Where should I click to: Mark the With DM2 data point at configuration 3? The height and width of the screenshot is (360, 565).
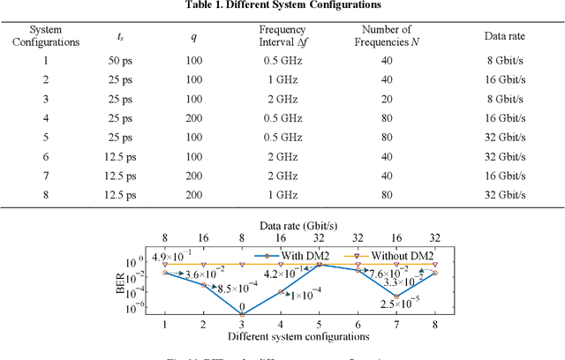coord(242,314)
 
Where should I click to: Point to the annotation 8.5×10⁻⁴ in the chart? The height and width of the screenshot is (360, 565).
coord(237,288)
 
